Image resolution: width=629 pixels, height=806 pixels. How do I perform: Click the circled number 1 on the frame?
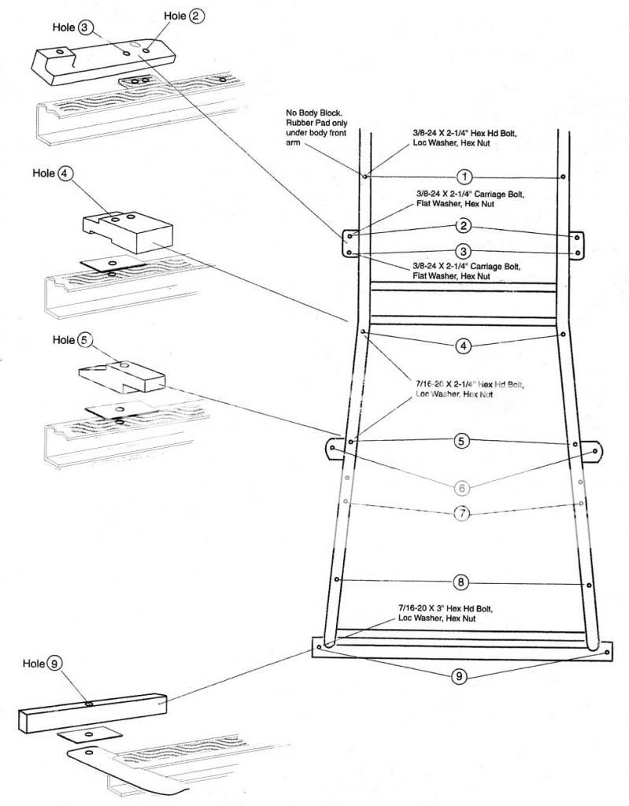[x=464, y=176]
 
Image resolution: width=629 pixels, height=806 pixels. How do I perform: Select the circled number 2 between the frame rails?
[x=464, y=227]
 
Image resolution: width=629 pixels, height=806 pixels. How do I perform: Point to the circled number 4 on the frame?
[x=464, y=345]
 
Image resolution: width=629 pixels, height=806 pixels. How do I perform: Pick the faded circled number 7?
[x=462, y=513]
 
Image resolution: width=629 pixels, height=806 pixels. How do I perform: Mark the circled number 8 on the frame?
[x=462, y=583]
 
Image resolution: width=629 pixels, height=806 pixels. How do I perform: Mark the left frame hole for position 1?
[x=366, y=176]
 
